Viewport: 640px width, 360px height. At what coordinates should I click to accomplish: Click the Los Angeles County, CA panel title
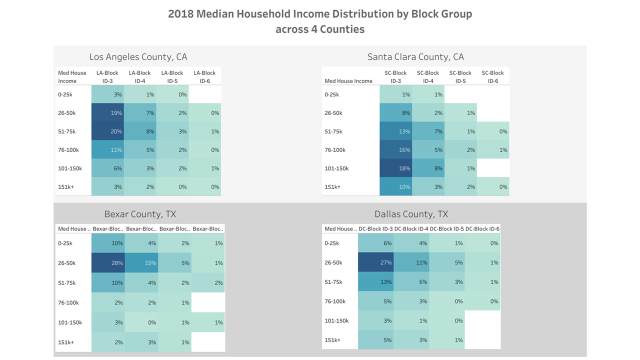point(138,57)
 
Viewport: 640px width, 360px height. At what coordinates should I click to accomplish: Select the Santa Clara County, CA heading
point(415,57)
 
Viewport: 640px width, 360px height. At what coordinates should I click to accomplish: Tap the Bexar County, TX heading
point(140,214)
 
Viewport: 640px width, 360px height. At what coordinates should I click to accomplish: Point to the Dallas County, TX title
point(411,214)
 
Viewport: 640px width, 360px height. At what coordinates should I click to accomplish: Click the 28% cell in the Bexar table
point(108,263)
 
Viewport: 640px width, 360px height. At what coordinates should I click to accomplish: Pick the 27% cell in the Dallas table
point(375,262)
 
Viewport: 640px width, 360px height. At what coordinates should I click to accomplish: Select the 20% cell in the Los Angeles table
point(107,131)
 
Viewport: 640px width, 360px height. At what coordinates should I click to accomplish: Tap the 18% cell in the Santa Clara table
point(395,168)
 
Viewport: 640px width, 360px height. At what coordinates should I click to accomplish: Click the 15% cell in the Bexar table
point(141,263)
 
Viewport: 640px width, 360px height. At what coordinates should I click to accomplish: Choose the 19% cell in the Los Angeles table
point(107,113)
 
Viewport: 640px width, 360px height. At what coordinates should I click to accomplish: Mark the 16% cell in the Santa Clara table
point(395,150)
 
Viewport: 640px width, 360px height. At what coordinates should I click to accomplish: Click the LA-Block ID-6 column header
point(204,76)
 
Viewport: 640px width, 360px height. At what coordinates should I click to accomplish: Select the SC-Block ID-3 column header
point(395,76)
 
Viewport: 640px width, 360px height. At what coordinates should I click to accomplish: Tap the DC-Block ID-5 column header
point(446,229)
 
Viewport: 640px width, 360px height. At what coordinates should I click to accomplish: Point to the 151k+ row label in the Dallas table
point(332,340)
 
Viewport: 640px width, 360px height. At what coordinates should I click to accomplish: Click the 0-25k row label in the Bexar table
point(66,243)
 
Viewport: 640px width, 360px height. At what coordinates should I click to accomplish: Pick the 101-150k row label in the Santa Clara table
point(336,168)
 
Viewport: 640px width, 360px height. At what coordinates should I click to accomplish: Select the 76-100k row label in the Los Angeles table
point(68,150)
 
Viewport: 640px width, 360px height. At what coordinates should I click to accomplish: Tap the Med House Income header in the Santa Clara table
point(348,81)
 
